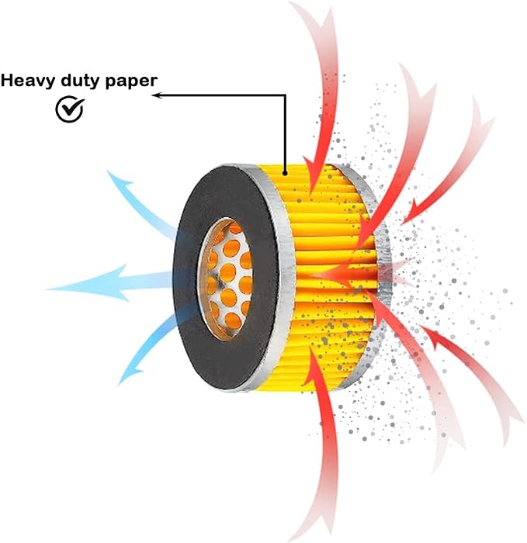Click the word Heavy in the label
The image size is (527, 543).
tap(28, 81)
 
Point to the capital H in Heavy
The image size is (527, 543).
tap(8, 80)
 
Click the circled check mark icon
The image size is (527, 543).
tap(70, 109)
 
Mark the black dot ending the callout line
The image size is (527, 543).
tap(285, 173)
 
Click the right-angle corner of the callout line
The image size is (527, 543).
tap(285, 95)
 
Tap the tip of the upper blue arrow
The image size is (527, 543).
tap(108, 171)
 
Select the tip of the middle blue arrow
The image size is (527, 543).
tap(47, 289)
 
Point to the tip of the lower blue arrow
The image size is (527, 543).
tap(119, 385)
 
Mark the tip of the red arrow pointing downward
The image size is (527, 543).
tap(310, 194)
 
